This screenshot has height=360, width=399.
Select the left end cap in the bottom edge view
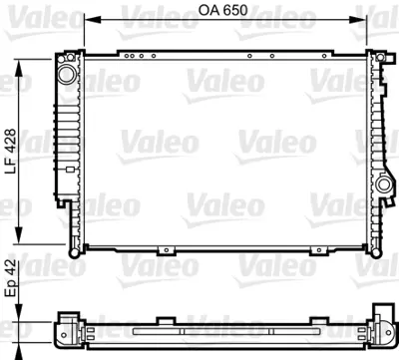coord(68,329)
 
